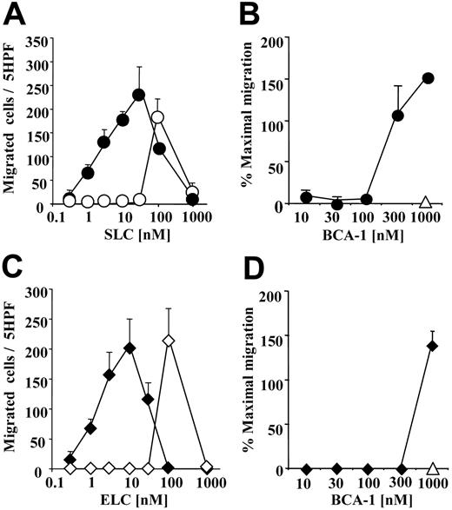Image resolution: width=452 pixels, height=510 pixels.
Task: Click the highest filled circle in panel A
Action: point(137,94)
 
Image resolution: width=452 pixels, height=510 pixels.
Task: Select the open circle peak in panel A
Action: point(158,116)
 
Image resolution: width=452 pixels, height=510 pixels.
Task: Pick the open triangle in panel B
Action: point(425,202)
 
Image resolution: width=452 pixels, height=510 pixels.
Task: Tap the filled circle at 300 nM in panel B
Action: point(398,115)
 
